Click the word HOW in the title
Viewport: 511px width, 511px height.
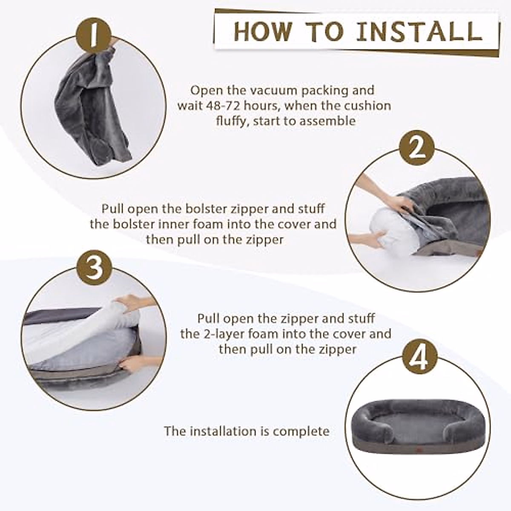pos(263,32)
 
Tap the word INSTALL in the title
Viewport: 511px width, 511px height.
pos(419,32)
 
